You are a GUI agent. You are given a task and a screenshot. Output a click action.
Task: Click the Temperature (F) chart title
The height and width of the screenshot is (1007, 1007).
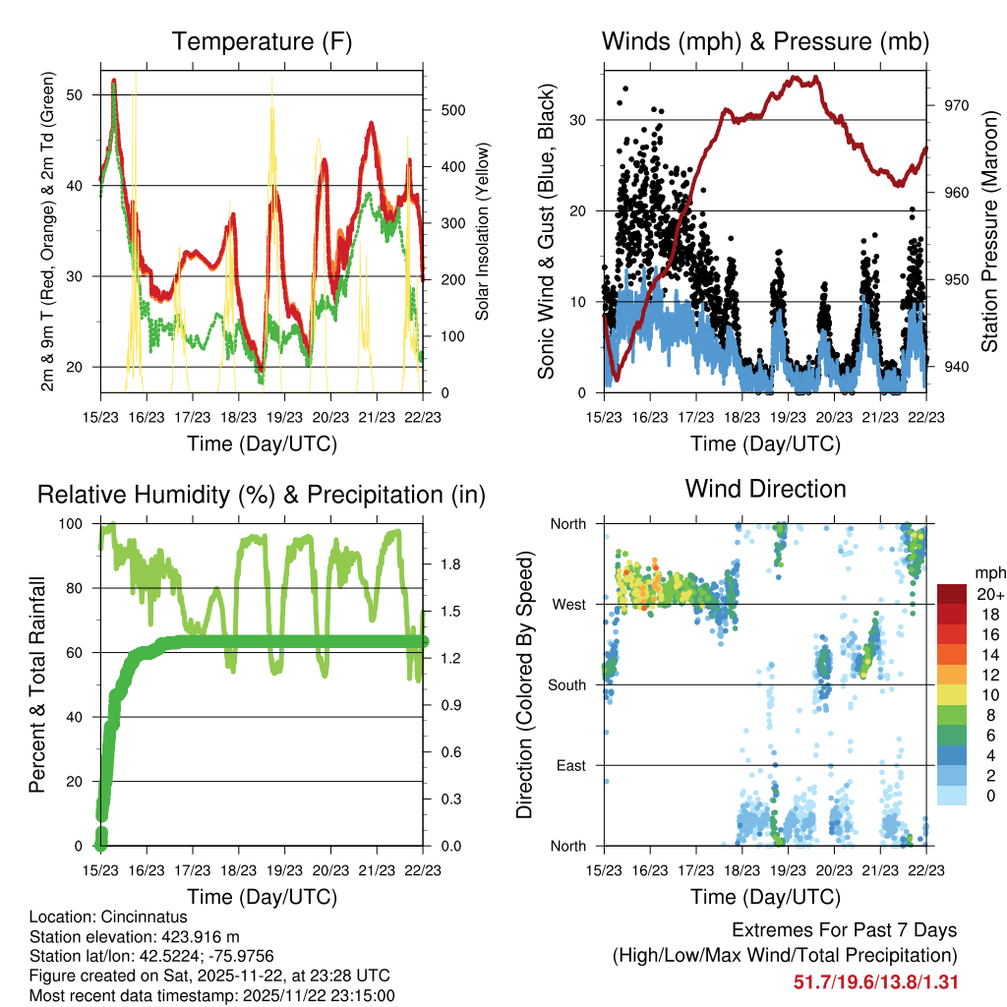[x=262, y=42]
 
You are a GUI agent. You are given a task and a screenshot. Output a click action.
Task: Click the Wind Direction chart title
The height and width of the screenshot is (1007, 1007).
[x=765, y=489]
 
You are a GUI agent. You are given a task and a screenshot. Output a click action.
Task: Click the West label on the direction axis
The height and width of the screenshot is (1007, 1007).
[x=567, y=604]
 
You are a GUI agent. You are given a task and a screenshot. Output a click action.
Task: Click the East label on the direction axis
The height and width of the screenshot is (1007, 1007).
[x=570, y=765]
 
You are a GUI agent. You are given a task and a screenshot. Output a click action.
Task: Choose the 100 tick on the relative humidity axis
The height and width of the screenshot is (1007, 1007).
[x=76, y=524]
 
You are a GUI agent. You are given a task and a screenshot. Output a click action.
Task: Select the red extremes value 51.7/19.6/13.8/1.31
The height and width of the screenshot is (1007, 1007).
[x=875, y=982]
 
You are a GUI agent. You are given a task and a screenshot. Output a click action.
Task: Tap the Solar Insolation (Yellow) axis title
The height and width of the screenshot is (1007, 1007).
[x=482, y=231]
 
